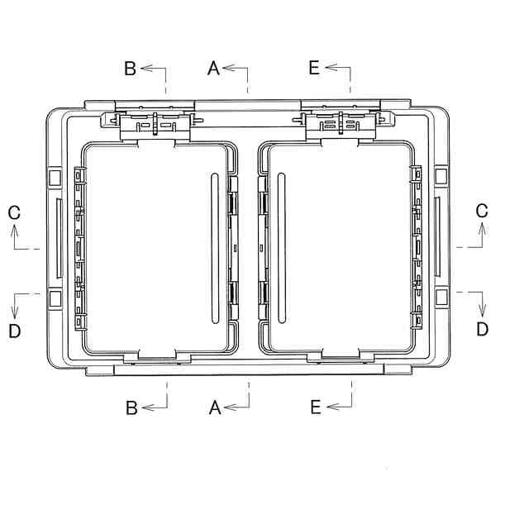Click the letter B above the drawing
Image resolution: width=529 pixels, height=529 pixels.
(x=131, y=68)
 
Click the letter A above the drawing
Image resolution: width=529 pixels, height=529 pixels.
(x=213, y=68)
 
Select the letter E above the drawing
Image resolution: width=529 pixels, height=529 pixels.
(x=314, y=68)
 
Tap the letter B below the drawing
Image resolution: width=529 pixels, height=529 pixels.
(x=131, y=407)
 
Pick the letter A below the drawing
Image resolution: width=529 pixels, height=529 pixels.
(x=215, y=407)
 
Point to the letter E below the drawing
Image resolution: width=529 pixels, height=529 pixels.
(x=316, y=407)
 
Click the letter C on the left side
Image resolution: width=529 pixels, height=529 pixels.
(x=14, y=213)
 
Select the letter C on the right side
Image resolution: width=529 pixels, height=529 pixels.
(x=482, y=211)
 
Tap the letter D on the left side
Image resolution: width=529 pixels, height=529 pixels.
(x=15, y=331)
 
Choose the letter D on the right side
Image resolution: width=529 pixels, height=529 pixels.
(x=483, y=329)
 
